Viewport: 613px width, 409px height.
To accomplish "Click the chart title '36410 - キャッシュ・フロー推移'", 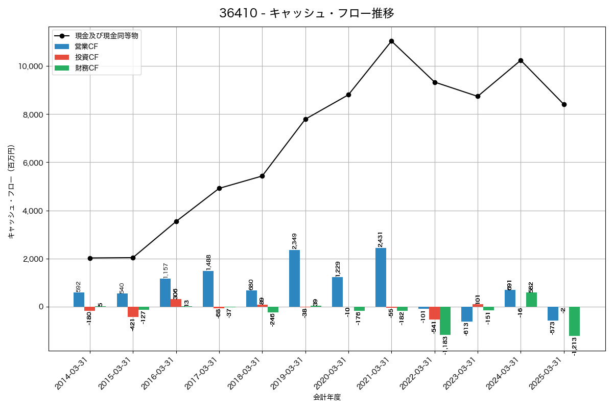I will coord(306,13).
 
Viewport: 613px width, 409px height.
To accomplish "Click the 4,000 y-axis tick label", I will coord(32,211).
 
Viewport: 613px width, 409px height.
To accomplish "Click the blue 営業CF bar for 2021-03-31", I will coord(381,277).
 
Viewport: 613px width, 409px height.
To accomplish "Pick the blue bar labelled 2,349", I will coord(294,278).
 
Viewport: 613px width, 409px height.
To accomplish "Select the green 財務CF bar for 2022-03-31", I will coord(445,321).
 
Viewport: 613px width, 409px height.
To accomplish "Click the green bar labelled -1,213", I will coord(574,321).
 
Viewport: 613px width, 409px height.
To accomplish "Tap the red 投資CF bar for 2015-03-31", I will coord(133,312).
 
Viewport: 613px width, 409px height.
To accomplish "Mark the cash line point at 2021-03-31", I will coord(391,41).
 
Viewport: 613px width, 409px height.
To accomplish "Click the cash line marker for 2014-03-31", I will coord(90,258).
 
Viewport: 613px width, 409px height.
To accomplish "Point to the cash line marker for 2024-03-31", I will coord(521,60).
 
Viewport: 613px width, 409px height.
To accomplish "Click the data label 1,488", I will coord(208,262).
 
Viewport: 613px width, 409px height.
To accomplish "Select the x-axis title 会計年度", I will coord(327,397).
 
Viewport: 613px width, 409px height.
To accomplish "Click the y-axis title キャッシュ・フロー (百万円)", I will coord(11,192).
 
